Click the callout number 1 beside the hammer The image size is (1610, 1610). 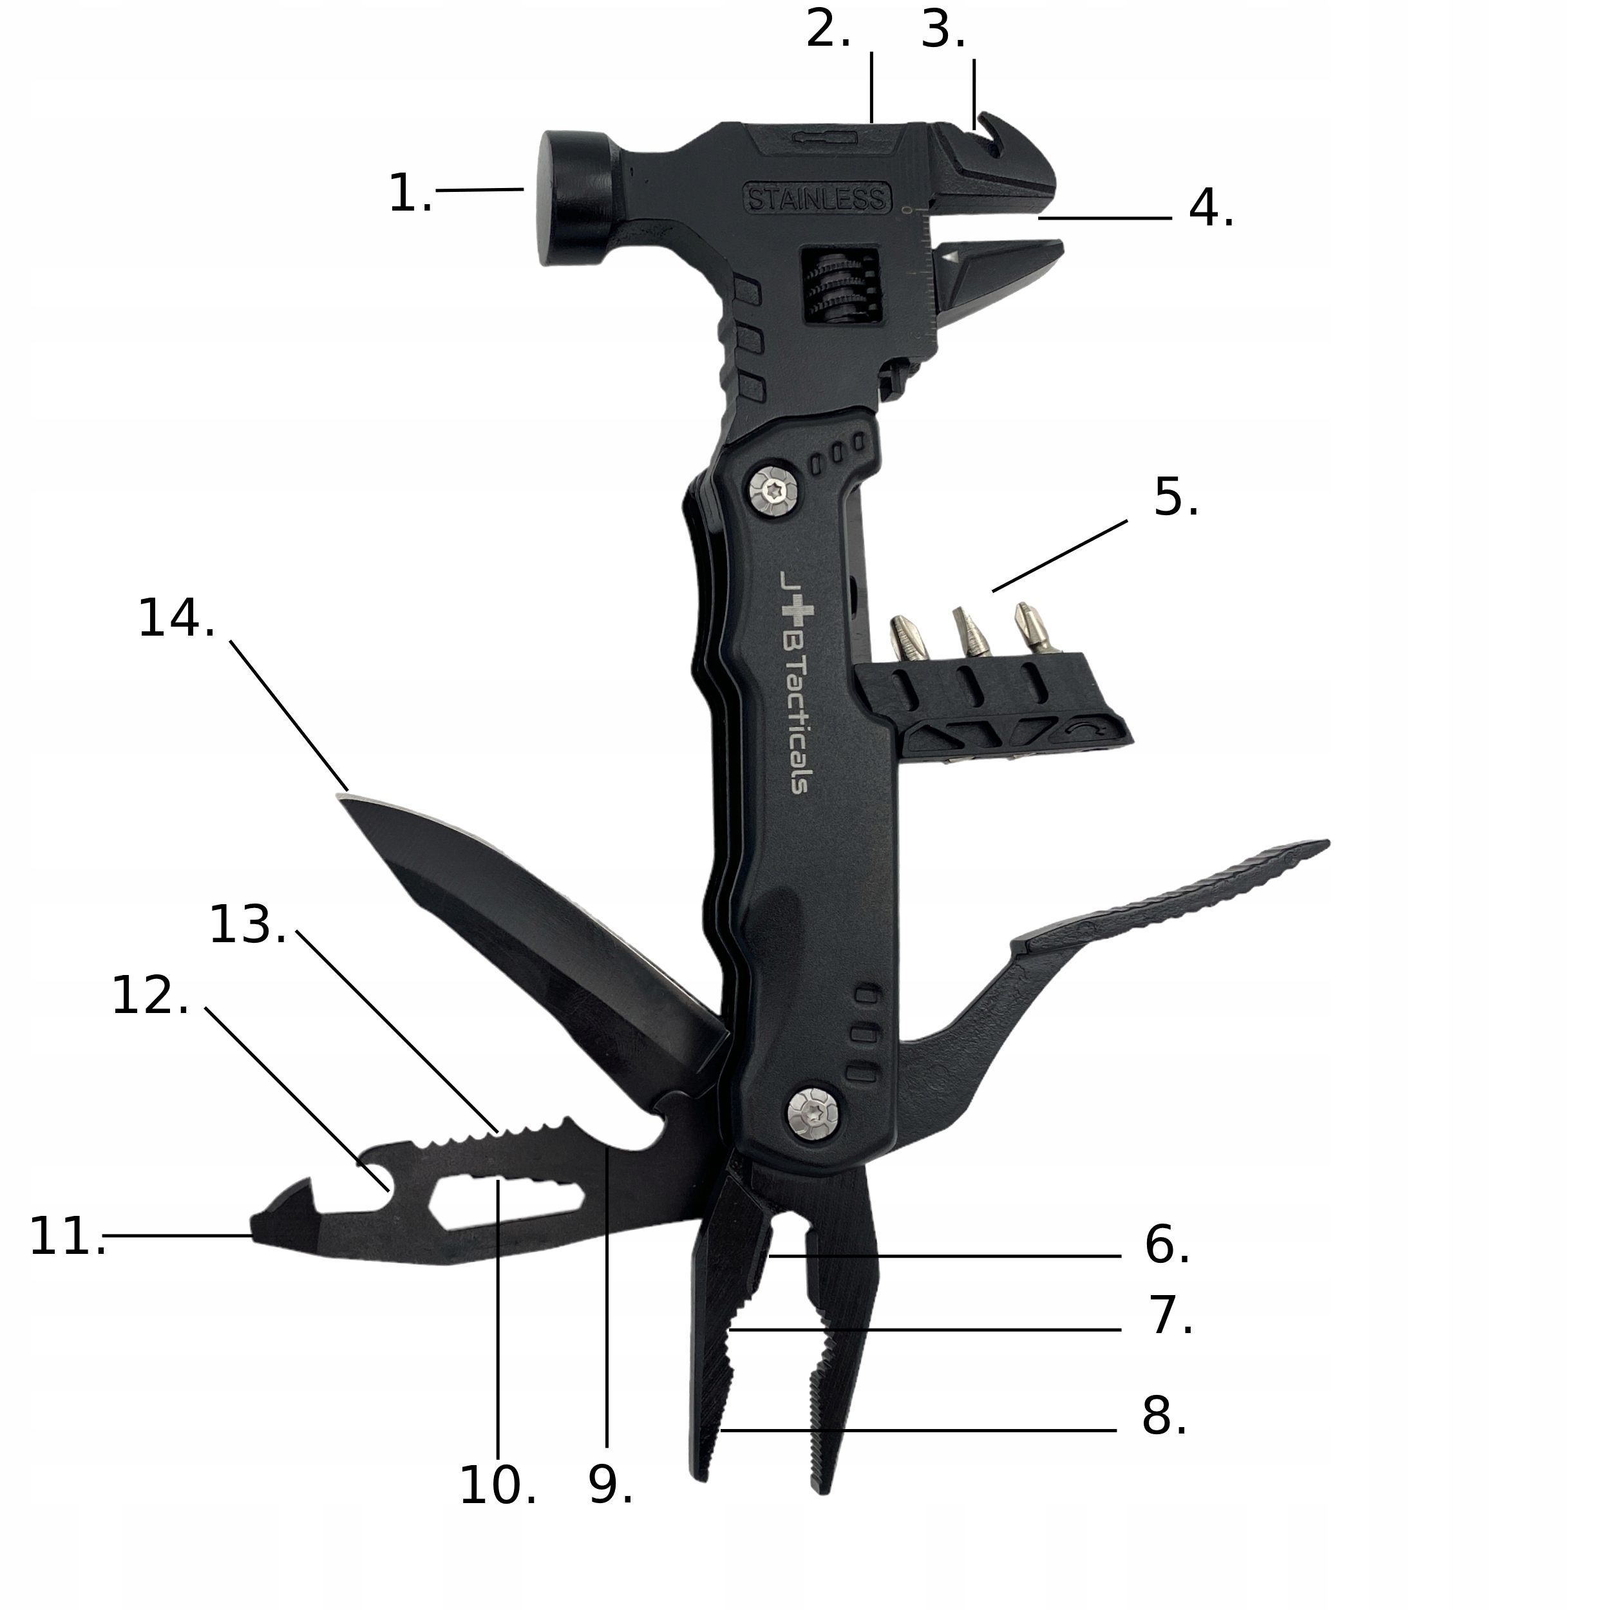point(409,193)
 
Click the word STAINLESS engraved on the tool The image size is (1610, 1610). point(816,198)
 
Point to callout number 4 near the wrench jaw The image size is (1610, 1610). point(1210,208)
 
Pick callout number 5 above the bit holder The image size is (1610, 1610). point(1175,498)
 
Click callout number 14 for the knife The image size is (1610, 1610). point(176,619)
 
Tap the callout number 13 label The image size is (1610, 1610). point(247,926)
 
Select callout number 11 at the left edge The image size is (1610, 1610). point(67,1236)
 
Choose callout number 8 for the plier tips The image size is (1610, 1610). point(1163,1416)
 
